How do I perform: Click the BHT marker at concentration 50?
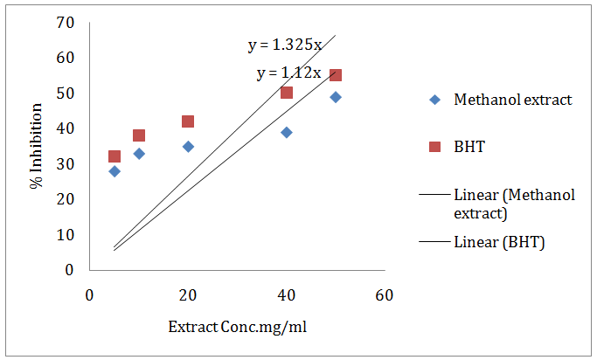[336, 75]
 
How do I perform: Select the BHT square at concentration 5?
[115, 156]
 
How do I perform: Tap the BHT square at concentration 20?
[188, 121]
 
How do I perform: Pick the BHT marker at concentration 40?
[287, 93]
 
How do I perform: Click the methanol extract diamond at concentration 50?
[336, 97]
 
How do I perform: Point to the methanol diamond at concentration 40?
[287, 132]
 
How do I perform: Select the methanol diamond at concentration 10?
[139, 154]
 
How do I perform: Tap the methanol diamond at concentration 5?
[115, 171]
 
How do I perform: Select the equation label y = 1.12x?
[289, 73]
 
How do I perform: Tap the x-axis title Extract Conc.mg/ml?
[237, 327]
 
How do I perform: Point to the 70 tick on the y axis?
[65, 23]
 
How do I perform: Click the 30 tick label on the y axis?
[65, 164]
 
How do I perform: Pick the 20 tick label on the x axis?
[188, 295]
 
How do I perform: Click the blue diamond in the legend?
[435, 100]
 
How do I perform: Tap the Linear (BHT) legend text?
[499, 242]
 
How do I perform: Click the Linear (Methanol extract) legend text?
[514, 203]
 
